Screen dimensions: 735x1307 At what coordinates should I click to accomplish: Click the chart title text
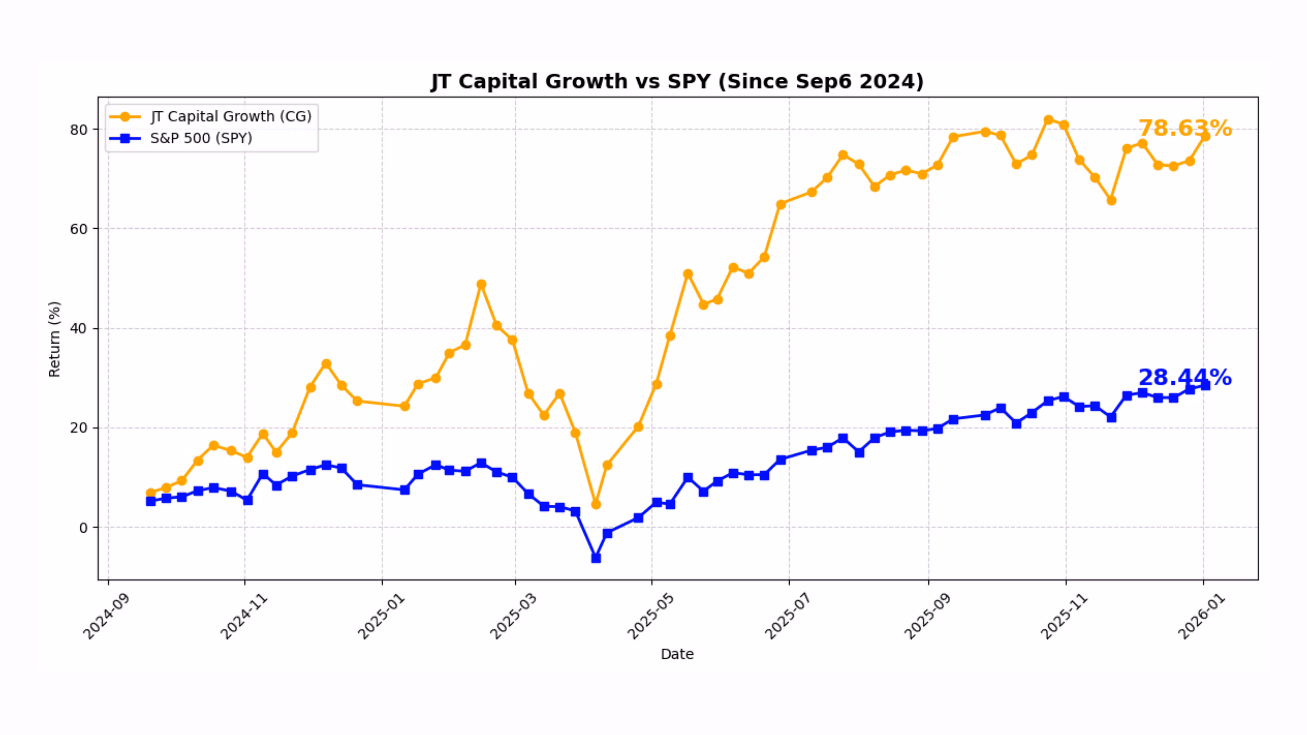click(677, 82)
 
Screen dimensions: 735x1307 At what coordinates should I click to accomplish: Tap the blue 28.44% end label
click(1184, 377)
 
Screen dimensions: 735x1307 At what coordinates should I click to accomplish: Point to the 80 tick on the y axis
click(79, 130)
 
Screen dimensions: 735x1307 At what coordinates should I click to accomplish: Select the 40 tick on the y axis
click(79, 329)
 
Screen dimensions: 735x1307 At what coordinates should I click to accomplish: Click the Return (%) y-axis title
click(54, 339)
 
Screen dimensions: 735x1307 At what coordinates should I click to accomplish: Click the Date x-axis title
click(677, 654)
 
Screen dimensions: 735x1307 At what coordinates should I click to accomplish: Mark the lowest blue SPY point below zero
click(596, 558)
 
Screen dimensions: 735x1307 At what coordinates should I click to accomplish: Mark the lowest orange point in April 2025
click(596, 505)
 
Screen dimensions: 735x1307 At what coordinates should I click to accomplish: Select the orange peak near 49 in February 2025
click(481, 284)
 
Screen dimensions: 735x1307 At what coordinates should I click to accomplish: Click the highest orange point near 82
click(1048, 120)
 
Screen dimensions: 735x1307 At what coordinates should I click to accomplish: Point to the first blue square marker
click(151, 501)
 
